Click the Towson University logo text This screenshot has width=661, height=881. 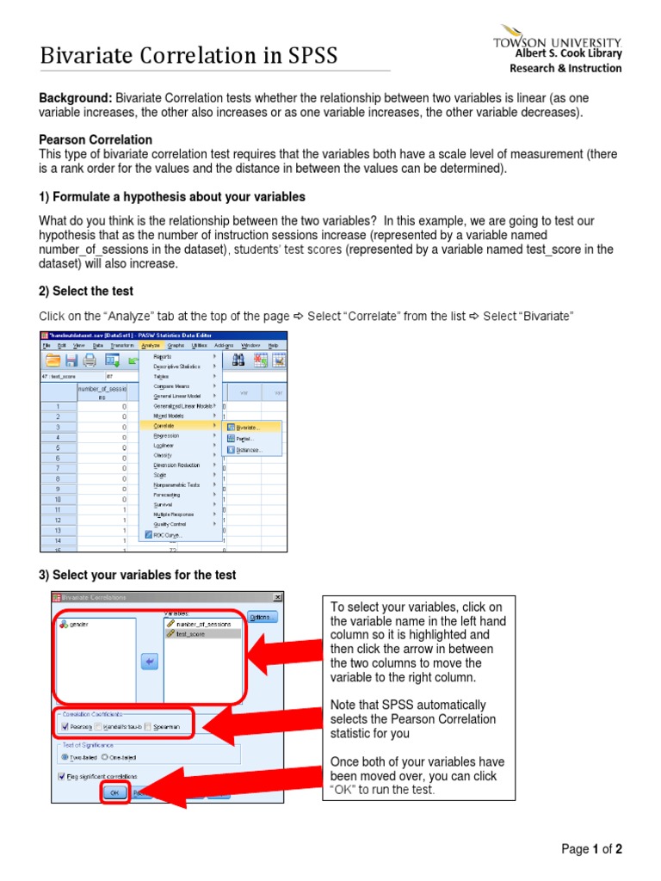coord(556,41)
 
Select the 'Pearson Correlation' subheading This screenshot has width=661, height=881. coord(96,139)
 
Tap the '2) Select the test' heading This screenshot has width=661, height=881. coord(86,292)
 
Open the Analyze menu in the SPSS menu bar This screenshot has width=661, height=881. coord(151,345)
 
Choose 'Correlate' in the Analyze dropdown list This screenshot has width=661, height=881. coord(164,426)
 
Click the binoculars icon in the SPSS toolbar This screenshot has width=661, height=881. coord(238,360)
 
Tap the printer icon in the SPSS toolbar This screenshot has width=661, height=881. coord(90,360)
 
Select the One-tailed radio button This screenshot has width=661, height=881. coord(105,757)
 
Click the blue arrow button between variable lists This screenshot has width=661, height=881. coord(149,661)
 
